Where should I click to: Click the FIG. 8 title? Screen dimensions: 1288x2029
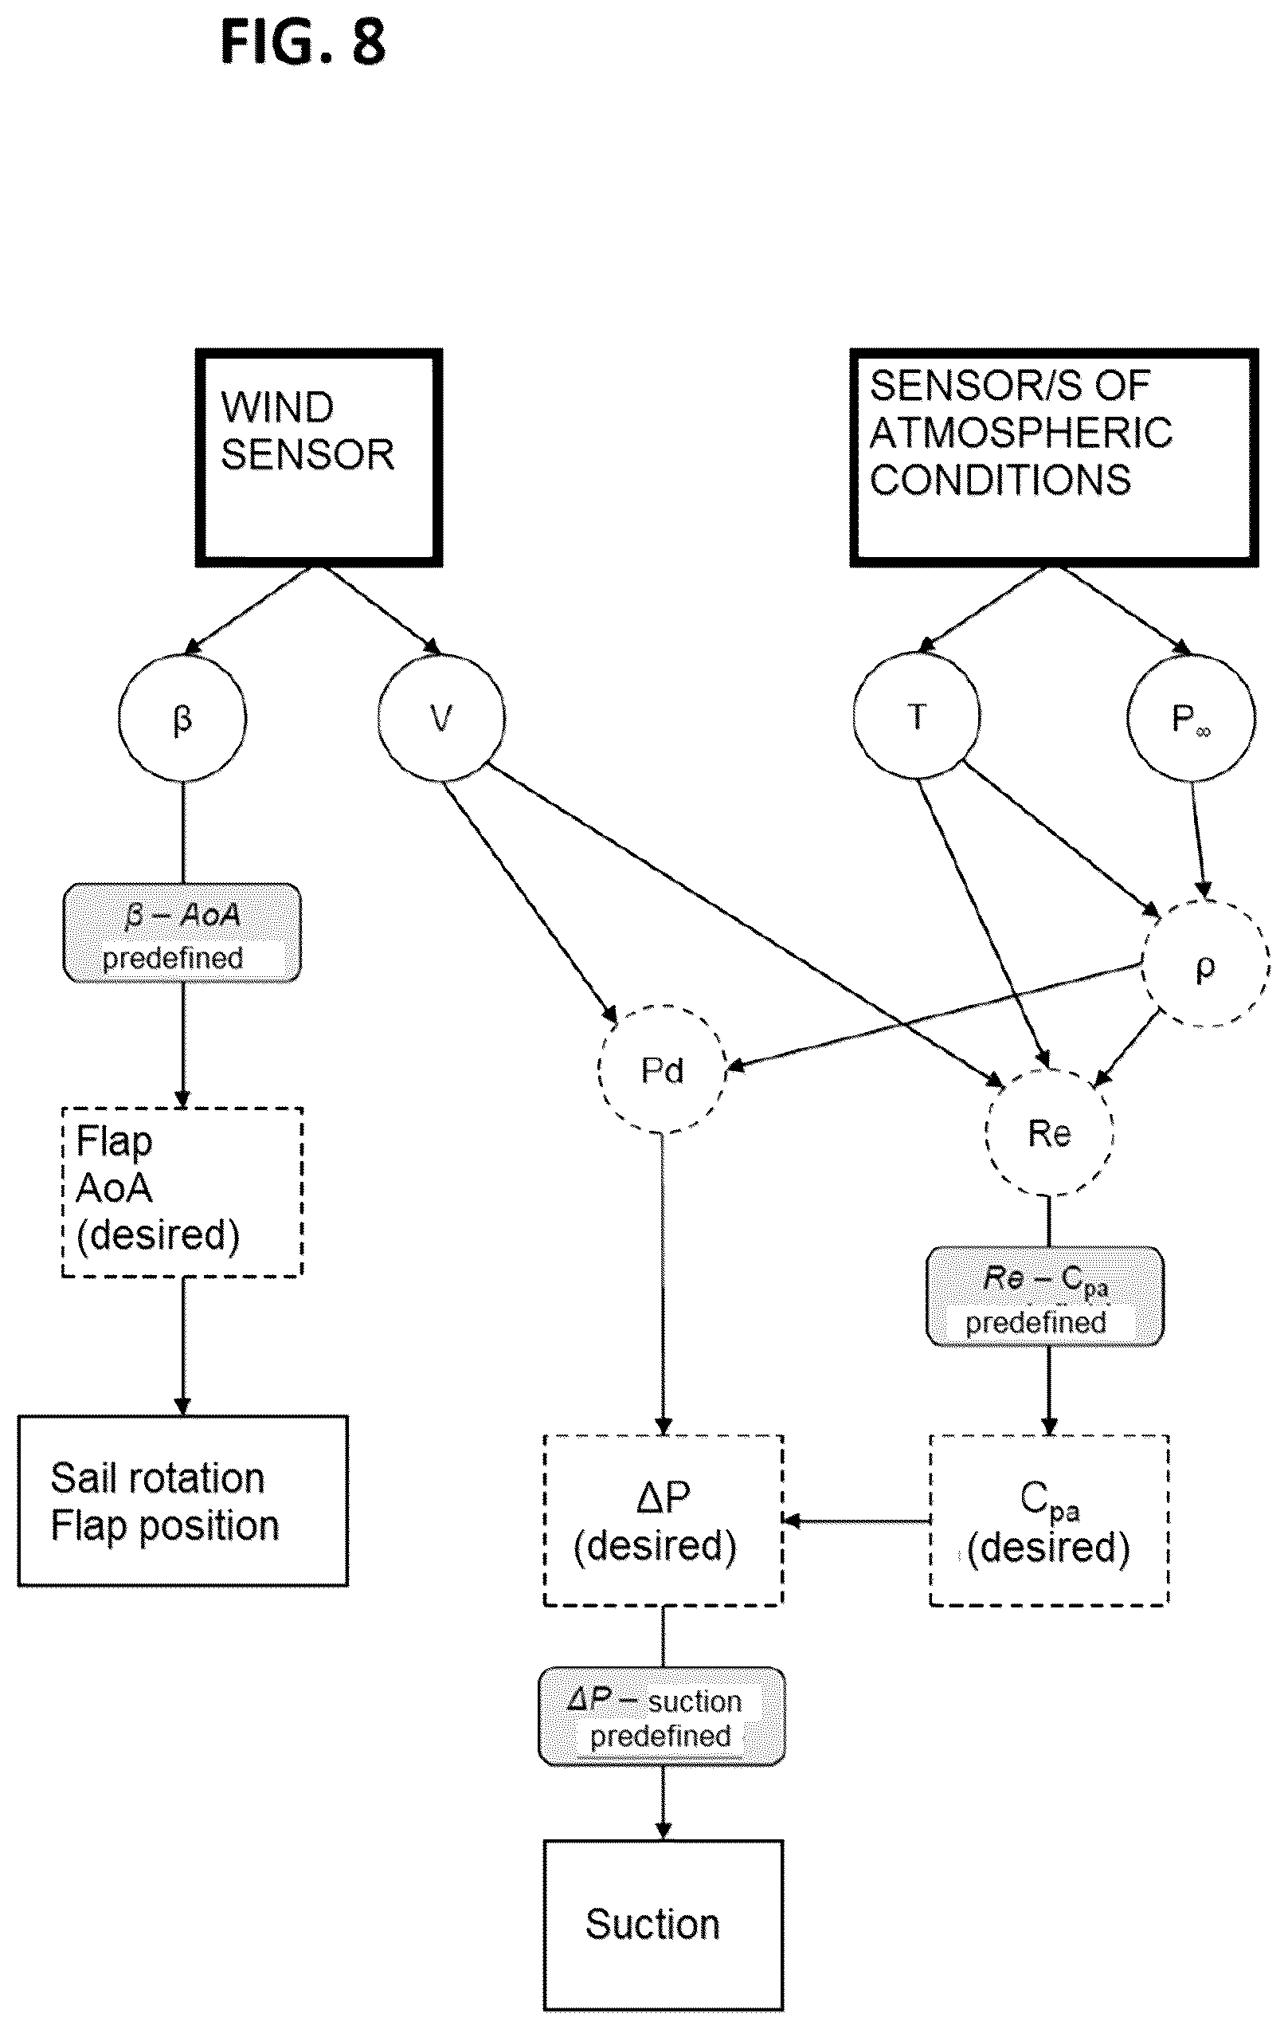pos(303,41)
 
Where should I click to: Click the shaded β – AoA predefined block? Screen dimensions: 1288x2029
pos(182,932)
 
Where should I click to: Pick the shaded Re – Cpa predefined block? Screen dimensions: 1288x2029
pos(1045,1297)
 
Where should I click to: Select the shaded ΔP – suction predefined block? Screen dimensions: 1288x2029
pos(662,1717)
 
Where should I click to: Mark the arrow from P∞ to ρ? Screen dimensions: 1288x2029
pos(1198,840)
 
